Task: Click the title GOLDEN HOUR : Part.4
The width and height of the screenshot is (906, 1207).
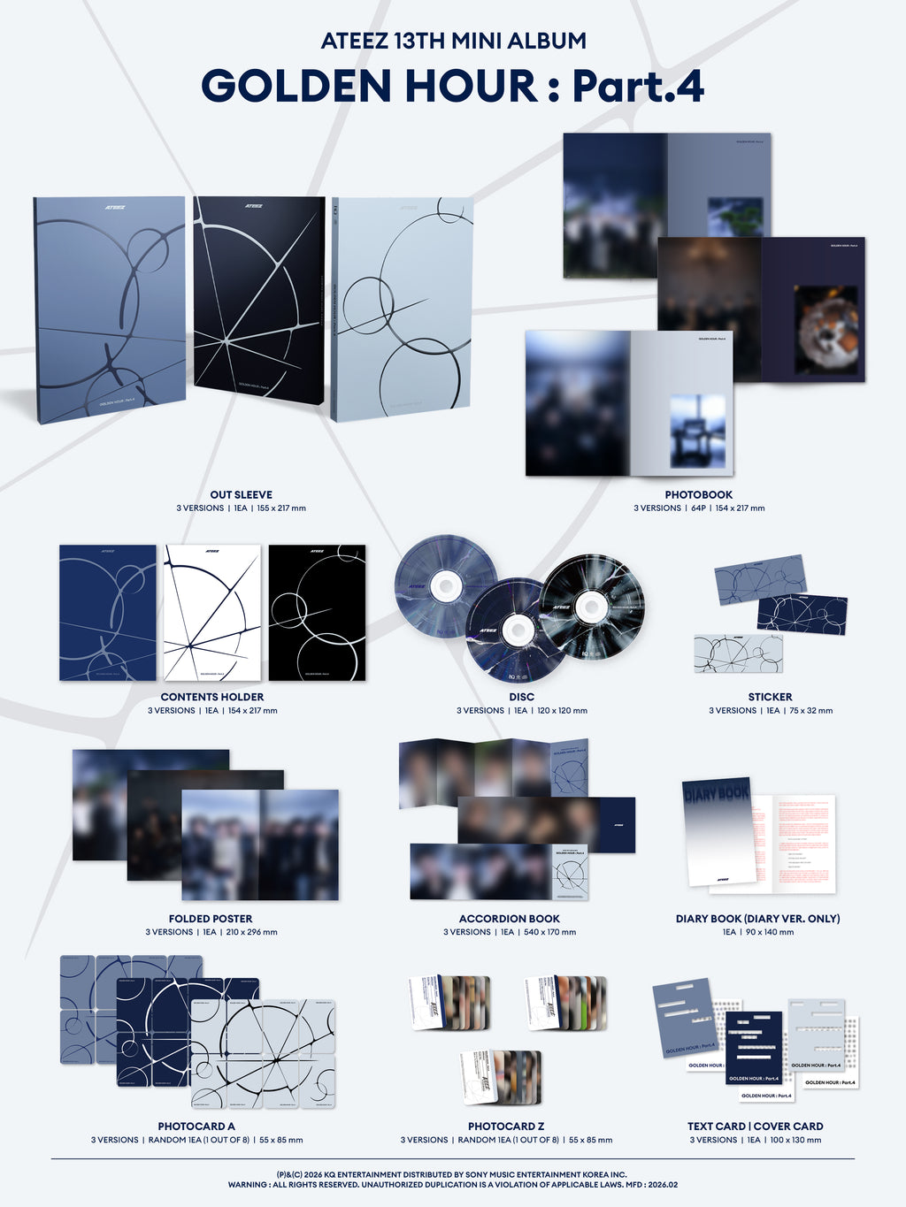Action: click(x=452, y=87)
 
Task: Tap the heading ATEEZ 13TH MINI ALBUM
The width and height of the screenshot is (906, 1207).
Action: click(x=452, y=41)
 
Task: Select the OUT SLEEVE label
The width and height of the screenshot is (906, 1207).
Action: click(x=241, y=495)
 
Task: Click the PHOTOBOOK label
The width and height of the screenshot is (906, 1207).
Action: click(x=698, y=495)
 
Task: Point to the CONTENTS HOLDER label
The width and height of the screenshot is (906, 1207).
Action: click(x=212, y=697)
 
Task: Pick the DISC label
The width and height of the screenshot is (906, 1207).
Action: click(x=521, y=697)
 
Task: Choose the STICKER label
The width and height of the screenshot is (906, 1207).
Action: click(x=770, y=697)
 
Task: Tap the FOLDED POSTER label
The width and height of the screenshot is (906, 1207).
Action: click(x=211, y=919)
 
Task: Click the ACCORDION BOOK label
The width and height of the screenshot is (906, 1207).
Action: click(x=510, y=919)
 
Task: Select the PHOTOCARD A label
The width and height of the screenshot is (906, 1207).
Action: click(x=196, y=1127)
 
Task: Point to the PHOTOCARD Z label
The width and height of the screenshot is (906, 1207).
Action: click(x=506, y=1127)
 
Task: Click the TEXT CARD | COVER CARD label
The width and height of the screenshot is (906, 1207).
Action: click(x=755, y=1127)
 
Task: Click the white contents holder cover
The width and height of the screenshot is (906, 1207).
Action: click(x=212, y=613)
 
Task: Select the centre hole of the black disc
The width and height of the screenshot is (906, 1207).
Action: click(x=591, y=607)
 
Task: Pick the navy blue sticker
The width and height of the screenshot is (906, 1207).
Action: click(x=802, y=615)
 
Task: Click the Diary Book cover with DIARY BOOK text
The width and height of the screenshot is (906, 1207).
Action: click(x=718, y=831)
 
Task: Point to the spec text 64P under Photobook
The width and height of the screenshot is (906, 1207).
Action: click(x=698, y=508)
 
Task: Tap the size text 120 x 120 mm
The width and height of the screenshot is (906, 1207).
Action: click(x=562, y=711)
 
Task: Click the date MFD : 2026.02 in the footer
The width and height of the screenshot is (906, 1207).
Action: click(x=649, y=1185)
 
